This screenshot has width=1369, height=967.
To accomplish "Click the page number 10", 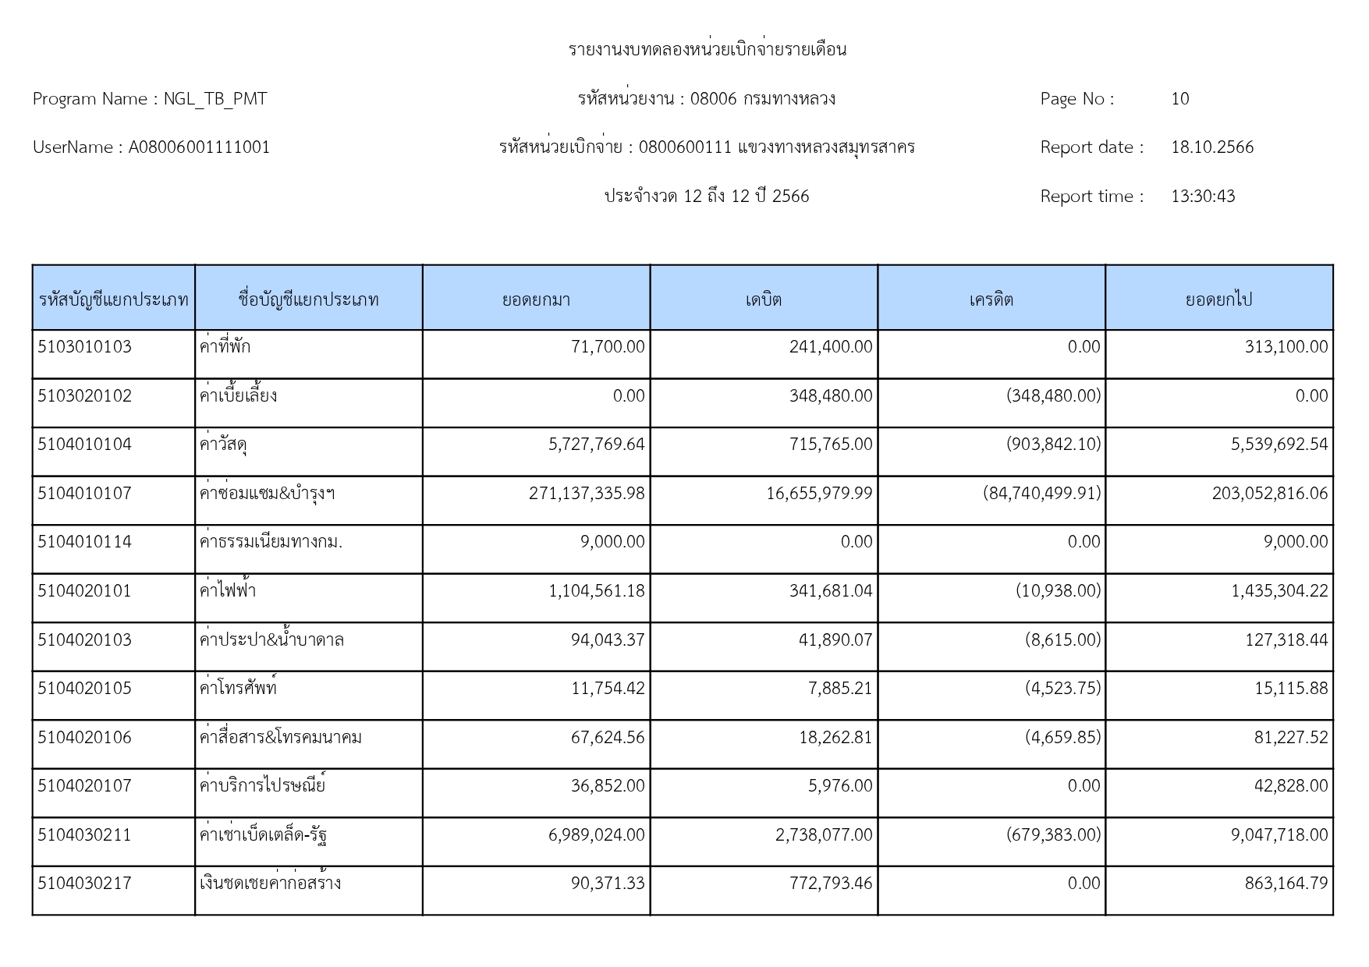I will pos(1179,99).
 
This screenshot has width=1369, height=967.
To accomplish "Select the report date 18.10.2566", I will pos(1211,147).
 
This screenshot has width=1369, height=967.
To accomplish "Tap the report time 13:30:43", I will pos(1203,197).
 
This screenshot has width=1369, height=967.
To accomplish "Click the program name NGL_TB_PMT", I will pos(215,99).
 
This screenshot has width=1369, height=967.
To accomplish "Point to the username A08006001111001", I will pos(199,147).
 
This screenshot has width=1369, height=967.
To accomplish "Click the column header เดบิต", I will pos(763,299).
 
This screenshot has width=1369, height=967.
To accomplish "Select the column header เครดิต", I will pos(991,299).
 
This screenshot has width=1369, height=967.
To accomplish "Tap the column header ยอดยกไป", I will pos(1218,299).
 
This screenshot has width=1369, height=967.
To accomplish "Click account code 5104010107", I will pos(85,494).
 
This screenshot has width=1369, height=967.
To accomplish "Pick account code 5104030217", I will pos(85,884).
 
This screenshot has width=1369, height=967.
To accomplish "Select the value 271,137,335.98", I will pos(587,494).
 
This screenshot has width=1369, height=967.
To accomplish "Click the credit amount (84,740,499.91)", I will pos(1041,494).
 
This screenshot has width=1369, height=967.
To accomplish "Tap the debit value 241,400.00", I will pos(830,347).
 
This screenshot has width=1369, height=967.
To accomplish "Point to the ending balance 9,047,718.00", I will pos(1279,835).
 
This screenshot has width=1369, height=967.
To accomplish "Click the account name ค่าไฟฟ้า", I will pos(227,591).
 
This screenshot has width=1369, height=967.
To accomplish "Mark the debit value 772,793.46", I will pos(830,884).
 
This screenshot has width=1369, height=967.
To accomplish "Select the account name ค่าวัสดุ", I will pos(224,445).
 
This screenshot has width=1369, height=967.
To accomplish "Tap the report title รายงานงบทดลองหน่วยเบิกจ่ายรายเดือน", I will pos(707,50).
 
